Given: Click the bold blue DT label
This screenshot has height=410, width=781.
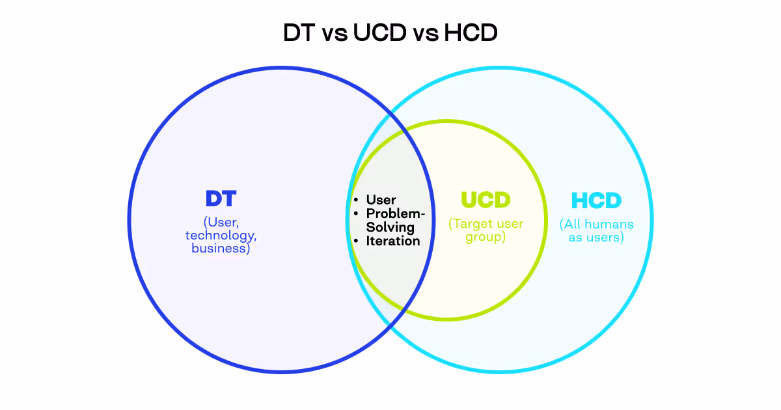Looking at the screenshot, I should (220, 199).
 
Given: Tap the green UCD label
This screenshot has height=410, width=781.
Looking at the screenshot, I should (486, 200).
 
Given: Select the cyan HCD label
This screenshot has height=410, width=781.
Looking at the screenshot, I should (596, 200).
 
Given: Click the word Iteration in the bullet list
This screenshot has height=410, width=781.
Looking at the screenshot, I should (393, 241).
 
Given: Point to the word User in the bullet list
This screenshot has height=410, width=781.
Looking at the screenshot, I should (381, 200).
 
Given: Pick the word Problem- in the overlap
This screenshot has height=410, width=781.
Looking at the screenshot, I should (396, 213).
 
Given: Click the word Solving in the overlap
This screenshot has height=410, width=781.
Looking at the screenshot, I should (390, 227).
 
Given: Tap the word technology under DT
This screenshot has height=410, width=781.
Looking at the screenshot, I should (221, 236).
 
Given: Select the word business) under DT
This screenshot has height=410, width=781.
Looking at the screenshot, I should (221, 248).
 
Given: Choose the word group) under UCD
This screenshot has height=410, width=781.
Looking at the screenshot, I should (486, 237).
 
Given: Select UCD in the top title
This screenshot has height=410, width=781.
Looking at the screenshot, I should (379, 33).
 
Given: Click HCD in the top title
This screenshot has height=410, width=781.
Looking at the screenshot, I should (471, 33).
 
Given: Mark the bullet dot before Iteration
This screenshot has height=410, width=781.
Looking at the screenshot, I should (356, 241).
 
